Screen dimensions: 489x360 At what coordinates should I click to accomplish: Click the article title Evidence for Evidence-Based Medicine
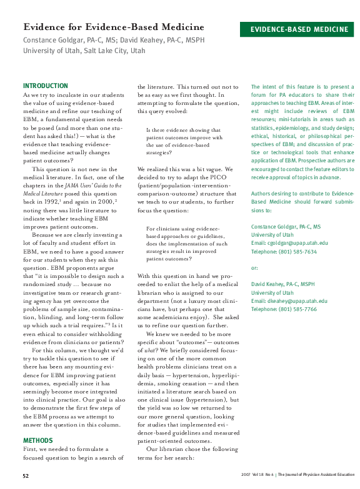click(x=114, y=27)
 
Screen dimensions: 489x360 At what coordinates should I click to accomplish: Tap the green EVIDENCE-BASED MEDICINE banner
click(x=299, y=29)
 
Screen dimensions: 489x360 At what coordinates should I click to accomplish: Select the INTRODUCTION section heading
click(x=46, y=86)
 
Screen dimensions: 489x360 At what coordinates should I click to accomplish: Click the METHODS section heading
click(x=37, y=440)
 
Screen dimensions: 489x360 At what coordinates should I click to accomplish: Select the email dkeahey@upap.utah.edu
click(x=289, y=301)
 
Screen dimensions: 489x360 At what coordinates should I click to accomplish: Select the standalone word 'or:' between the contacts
click(x=254, y=268)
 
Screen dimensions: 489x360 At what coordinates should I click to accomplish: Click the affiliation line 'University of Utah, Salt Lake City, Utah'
click(x=84, y=51)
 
